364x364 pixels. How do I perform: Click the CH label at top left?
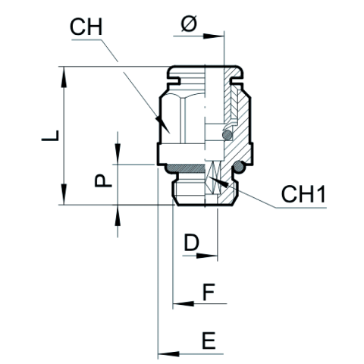click(86, 27)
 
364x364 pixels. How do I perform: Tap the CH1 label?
click(303, 194)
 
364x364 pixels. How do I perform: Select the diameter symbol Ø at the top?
click(189, 24)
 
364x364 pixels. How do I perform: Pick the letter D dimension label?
click(192, 243)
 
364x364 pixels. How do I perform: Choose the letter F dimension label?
click(209, 292)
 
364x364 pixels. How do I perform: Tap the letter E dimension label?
click(209, 340)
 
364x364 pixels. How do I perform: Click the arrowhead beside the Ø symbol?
click(214, 36)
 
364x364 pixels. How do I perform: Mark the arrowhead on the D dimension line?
click(207, 256)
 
